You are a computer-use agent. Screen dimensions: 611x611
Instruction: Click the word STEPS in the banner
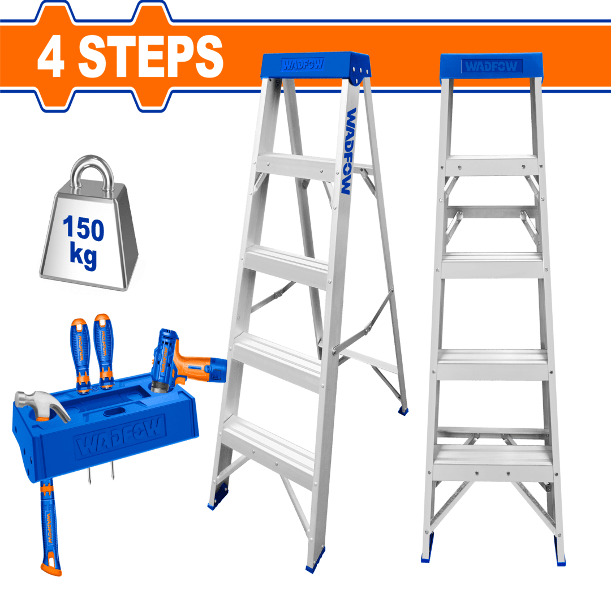point(150,57)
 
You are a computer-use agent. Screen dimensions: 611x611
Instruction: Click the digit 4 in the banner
point(51,57)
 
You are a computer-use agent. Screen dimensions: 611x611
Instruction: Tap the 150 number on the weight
point(84,229)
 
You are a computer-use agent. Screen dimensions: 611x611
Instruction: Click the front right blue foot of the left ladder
point(313,565)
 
